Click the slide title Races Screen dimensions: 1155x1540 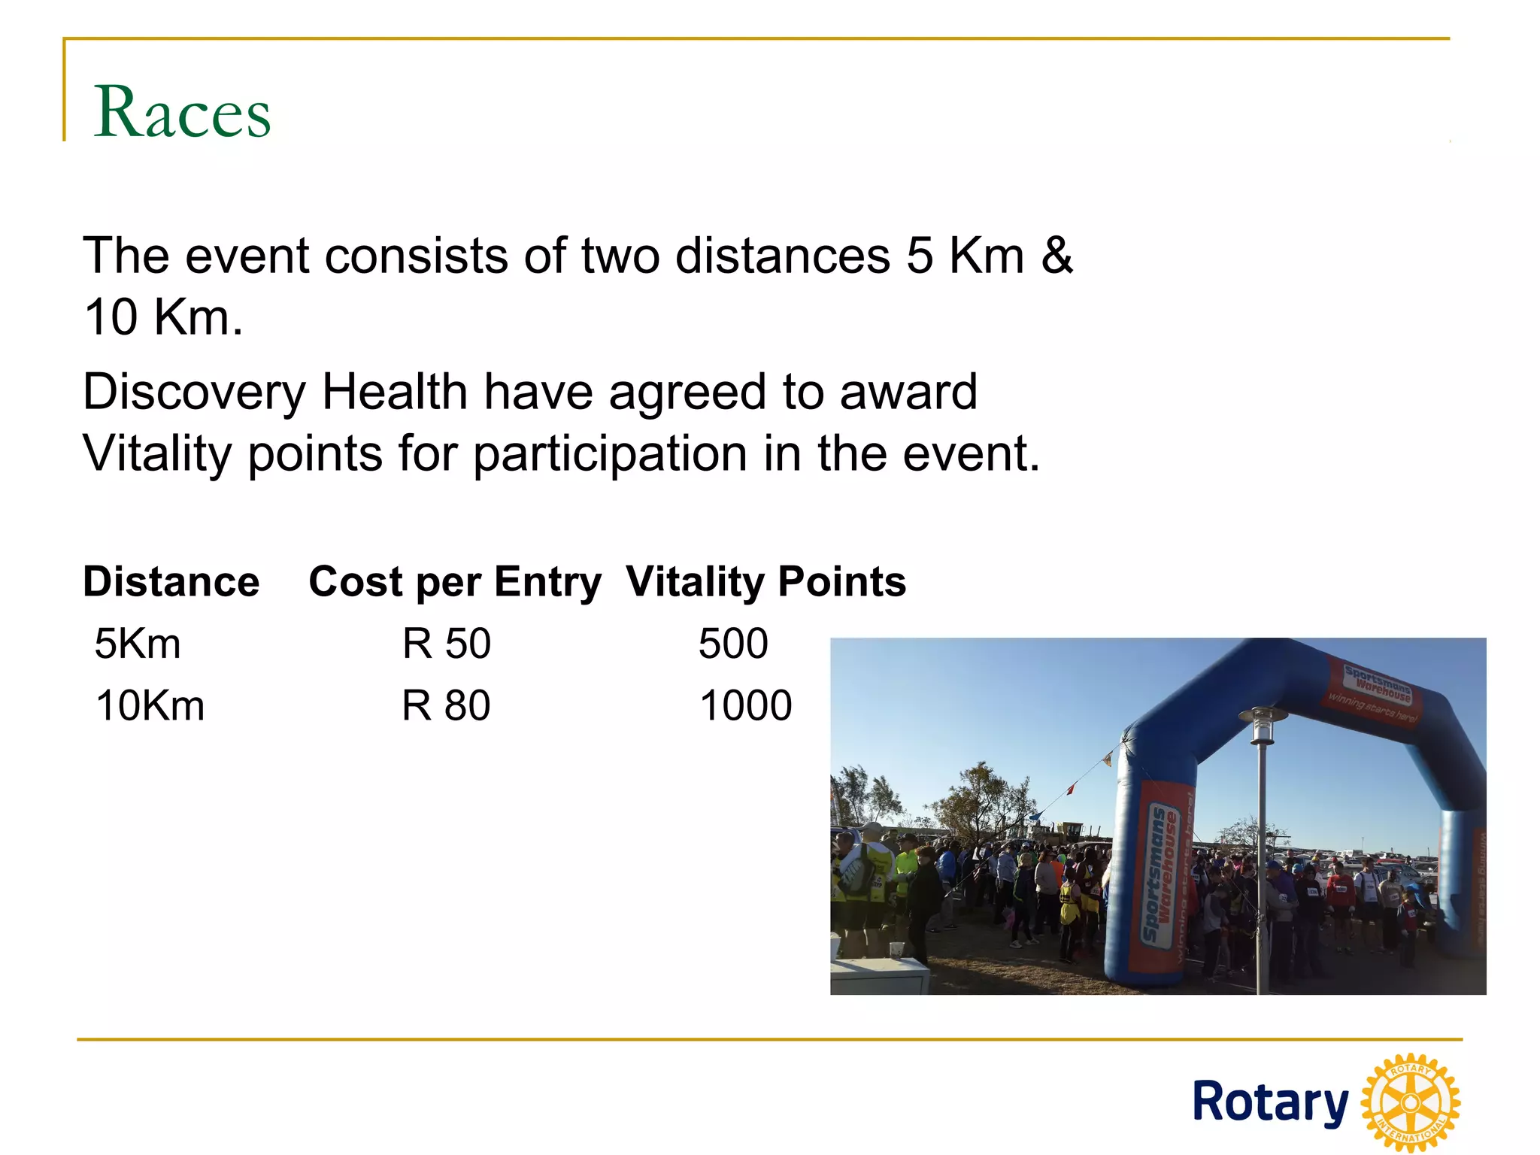click(182, 112)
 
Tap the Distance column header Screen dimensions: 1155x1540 click(171, 582)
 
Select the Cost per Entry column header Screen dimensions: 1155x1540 click(455, 582)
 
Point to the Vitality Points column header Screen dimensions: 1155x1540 click(766, 582)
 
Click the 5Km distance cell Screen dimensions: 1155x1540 click(138, 644)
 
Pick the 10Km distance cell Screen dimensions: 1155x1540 click(150, 706)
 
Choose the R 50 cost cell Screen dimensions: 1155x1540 click(446, 644)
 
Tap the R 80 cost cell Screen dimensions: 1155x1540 click(446, 706)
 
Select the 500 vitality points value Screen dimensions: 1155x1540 click(733, 644)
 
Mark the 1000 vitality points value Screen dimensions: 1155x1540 click(745, 706)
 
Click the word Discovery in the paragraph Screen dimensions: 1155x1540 click(194, 393)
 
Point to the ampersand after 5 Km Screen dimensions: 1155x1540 click(1056, 256)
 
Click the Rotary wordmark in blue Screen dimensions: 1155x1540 click(1271, 1102)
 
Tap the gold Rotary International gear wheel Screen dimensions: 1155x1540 click(1411, 1102)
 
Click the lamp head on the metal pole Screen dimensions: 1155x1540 click(1262, 724)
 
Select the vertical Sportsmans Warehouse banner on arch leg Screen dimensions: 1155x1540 click(1163, 872)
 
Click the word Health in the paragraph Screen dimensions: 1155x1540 click(395, 393)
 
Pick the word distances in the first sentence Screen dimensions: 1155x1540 click(782, 256)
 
